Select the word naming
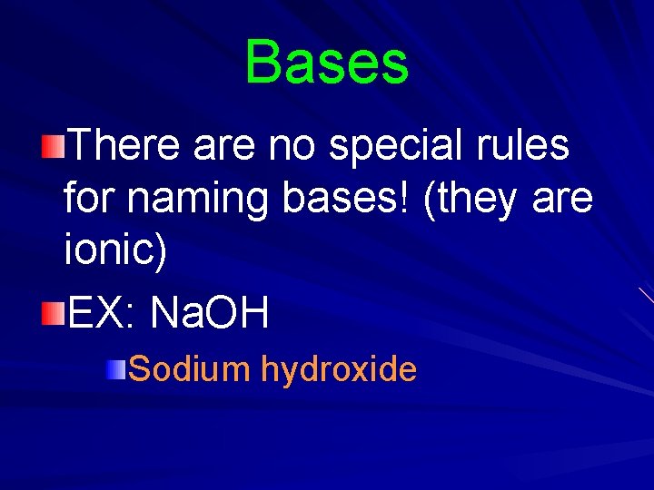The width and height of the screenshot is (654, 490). tap(200, 199)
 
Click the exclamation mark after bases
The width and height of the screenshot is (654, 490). tap(414, 197)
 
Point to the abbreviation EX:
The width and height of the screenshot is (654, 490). tap(100, 313)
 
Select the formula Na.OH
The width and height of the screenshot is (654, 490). tap(210, 313)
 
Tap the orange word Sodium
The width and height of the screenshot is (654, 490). tap(189, 368)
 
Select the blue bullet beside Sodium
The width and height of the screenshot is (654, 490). tap(115, 368)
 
